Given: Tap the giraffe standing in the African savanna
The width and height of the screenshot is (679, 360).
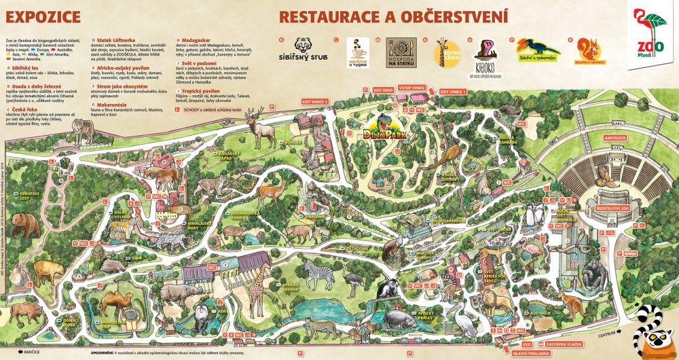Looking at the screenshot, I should coord(257,295).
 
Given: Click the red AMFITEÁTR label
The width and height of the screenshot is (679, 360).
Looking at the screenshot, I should coord(604,138).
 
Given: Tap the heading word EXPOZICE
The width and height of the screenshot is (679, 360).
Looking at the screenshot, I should coord(40,15).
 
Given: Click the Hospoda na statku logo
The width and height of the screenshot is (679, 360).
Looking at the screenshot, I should coord(401,53).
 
